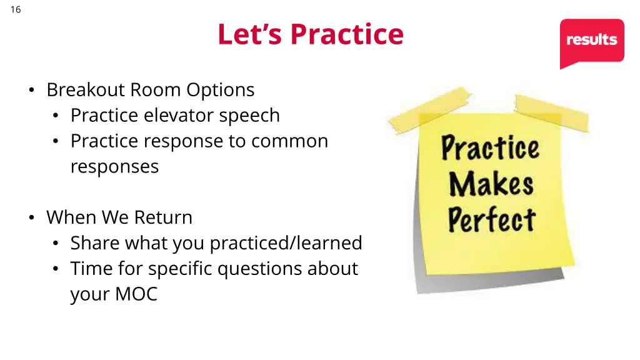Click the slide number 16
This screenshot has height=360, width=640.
pyautogui.click(x=16, y=9)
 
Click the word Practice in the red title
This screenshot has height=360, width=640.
pyautogui.click(x=347, y=34)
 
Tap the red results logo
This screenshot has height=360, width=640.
pyautogui.click(x=591, y=40)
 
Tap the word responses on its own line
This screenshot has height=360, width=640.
pyautogui.click(x=114, y=167)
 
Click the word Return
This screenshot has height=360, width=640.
pyautogui.click(x=163, y=217)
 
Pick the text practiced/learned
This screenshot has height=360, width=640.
pyautogui.click(x=286, y=243)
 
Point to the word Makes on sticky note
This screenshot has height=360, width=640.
pyautogui.click(x=491, y=184)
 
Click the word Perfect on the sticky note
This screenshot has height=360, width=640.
pyautogui.click(x=491, y=220)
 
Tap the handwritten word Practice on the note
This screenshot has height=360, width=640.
pyautogui.click(x=490, y=149)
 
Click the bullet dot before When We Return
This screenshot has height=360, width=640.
pyautogui.click(x=31, y=218)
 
